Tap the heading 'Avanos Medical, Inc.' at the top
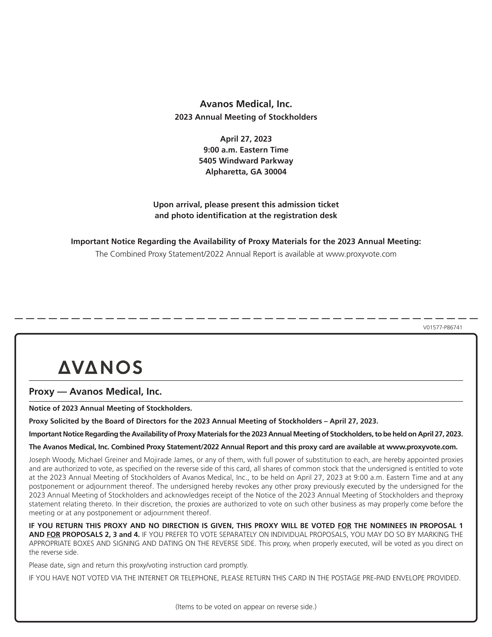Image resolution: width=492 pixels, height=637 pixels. coord(246,104)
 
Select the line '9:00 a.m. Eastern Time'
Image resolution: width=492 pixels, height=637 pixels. coord(246,150)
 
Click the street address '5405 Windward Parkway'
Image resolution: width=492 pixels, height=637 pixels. coord(246,161)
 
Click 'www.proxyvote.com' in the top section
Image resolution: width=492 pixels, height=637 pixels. coord(361,254)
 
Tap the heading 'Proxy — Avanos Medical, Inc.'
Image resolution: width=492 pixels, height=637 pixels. coord(95,391)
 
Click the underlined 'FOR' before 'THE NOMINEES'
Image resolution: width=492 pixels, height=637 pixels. coord(344,526)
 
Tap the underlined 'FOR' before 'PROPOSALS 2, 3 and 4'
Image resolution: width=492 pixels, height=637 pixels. coord(53,535)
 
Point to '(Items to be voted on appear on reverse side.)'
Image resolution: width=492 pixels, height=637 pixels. coord(246,607)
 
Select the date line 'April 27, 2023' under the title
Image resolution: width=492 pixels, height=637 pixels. coord(246,139)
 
